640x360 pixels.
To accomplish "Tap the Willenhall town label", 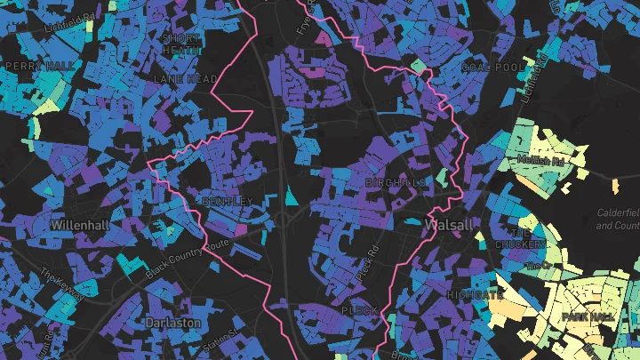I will (81, 225).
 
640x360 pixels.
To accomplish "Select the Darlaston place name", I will (172, 323).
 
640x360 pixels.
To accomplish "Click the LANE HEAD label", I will (186, 79).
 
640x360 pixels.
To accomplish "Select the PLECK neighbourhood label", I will (360, 311).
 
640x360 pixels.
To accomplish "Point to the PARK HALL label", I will (587, 316).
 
